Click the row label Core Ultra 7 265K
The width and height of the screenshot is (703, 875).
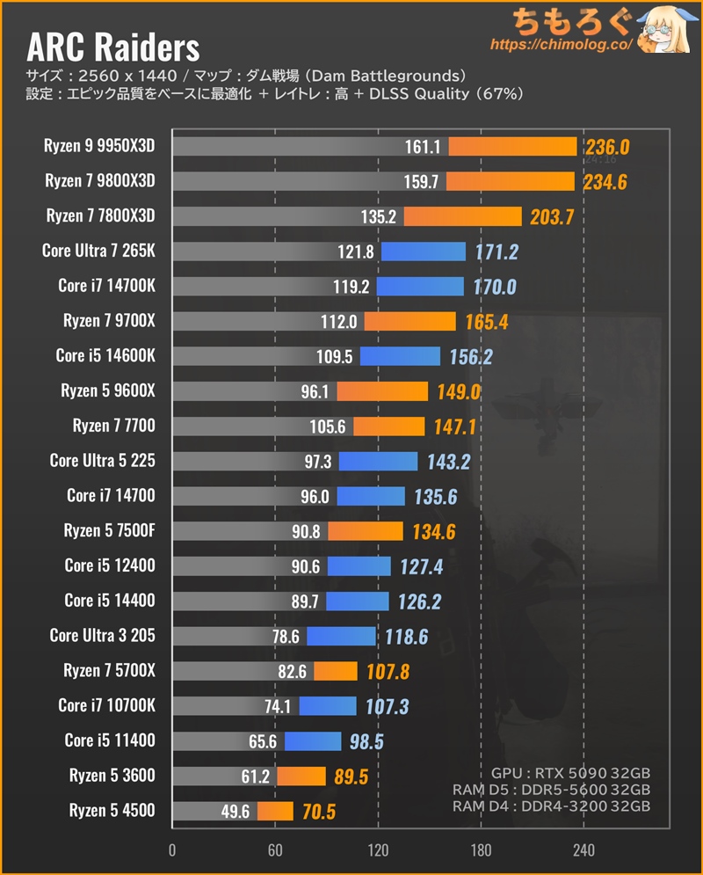click(98, 251)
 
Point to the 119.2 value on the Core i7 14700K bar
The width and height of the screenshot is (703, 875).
click(354, 286)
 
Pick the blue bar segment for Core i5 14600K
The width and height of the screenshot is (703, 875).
click(400, 356)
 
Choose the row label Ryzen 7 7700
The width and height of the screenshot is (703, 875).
click(113, 427)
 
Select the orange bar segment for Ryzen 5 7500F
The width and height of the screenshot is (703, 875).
click(366, 531)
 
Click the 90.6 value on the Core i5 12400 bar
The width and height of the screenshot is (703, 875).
click(307, 566)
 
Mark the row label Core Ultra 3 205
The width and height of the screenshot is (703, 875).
click(102, 635)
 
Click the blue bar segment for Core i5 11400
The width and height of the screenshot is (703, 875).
click(313, 741)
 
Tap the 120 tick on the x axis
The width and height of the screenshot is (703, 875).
click(378, 850)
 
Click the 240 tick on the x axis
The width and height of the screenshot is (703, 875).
click(583, 850)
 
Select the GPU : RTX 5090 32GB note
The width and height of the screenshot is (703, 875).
click(576, 774)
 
